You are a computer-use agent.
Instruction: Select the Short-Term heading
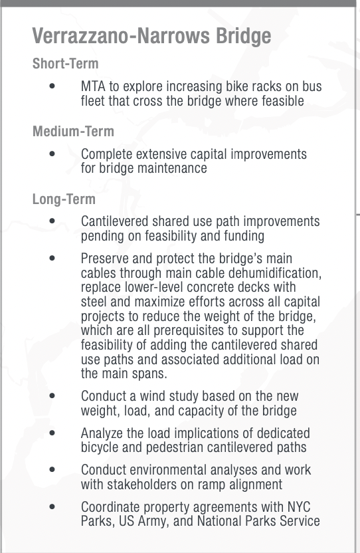(x=65, y=64)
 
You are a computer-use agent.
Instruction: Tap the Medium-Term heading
(x=73, y=132)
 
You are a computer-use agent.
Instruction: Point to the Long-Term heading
(x=64, y=199)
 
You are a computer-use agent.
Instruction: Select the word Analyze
(x=104, y=433)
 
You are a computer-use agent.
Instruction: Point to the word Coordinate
(x=112, y=508)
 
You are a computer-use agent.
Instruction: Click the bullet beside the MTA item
(x=52, y=86)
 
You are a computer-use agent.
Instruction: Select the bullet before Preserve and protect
(x=52, y=259)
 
